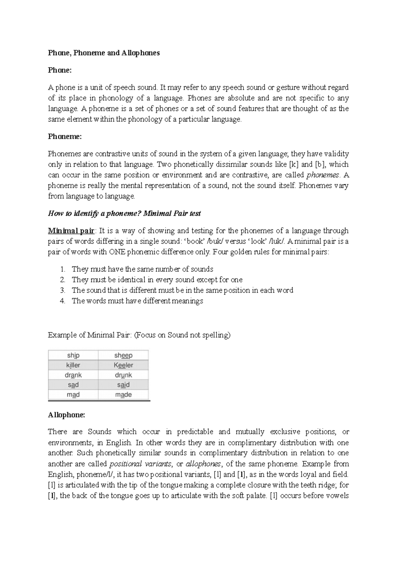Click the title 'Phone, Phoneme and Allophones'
[104, 53]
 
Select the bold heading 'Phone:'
[60, 70]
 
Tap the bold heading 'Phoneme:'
[65, 136]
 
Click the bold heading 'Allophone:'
[66, 415]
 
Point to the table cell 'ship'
[73, 355]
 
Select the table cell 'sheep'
[123, 355]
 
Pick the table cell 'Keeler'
[123, 365]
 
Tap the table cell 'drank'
[73, 375]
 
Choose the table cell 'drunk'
[123, 375]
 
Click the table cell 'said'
[123, 385]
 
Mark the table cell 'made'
[123, 395]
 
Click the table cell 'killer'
[73, 365]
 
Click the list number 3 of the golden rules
[63, 290]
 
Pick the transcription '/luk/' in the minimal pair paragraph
[277, 241]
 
